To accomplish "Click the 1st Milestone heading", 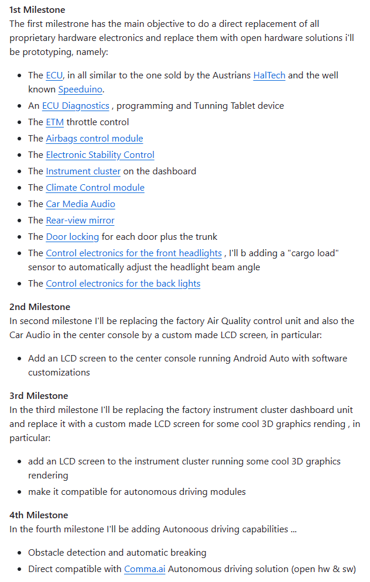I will pyautogui.click(x=37, y=10).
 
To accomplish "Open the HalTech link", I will pyautogui.click(x=269, y=75).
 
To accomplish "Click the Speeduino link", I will pyautogui.click(x=81, y=89).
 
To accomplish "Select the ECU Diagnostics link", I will pyautogui.click(x=76, y=106).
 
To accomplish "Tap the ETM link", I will pyautogui.click(x=53, y=122).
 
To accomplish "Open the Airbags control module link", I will pyautogui.click(x=94, y=139).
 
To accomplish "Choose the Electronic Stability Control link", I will pyautogui.click(x=100, y=155).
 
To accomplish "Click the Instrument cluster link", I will pyautogui.click(x=83, y=171).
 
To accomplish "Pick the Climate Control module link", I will pyautogui.click(x=95, y=188).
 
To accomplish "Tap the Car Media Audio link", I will pyautogui.click(x=80, y=204).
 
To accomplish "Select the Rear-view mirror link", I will pyautogui.click(x=80, y=221).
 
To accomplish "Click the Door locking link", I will pyautogui.click(x=73, y=237).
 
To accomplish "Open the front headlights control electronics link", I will pyautogui.click(x=133, y=253).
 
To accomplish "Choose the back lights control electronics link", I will pyautogui.click(x=123, y=284).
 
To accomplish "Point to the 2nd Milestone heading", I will pyautogui.click(x=39, y=307).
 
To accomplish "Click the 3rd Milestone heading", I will pyautogui.click(x=39, y=396).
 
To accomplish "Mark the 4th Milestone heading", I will pyautogui.click(x=39, y=515).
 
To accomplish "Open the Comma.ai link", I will pyautogui.click(x=144, y=569).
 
